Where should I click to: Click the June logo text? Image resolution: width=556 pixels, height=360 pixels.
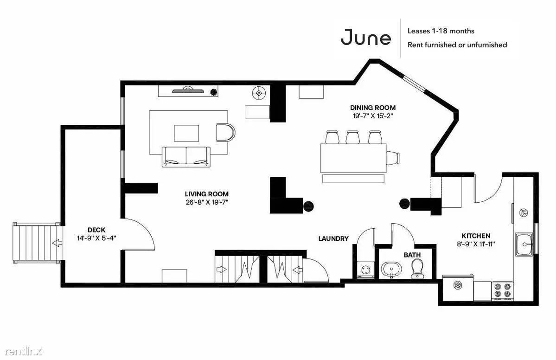[366, 38]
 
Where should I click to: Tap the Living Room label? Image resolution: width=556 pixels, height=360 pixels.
[207, 194]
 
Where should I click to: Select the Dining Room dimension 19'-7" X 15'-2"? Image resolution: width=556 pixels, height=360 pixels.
[373, 116]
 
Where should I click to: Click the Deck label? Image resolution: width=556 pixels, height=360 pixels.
[96, 230]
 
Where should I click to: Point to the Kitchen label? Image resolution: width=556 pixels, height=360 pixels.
[476, 236]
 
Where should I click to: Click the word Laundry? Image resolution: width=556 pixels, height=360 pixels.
[333, 239]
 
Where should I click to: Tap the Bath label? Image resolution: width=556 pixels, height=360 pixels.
[412, 255]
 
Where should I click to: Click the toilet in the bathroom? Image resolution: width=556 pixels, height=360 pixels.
[416, 269]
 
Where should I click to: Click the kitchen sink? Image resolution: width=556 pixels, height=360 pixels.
[524, 244]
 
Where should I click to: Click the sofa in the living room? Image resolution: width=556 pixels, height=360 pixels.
[186, 157]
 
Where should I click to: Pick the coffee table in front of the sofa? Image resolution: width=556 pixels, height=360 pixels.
[186, 133]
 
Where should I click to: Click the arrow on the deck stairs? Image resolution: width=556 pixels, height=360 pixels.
[56, 243]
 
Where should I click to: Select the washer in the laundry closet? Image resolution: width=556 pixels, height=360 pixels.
[365, 270]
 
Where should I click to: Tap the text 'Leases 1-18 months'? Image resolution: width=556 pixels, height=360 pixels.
[441, 31]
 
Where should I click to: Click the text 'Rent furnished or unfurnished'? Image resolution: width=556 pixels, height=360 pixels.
[457, 45]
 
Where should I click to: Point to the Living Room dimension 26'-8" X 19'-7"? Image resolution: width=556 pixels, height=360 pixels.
[207, 203]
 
